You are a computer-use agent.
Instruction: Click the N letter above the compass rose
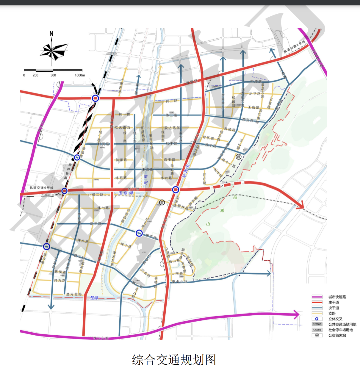[x=51, y=34]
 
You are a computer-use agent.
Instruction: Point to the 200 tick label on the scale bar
[x=35, y=75]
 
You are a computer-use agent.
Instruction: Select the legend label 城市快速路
[x=337, y=297]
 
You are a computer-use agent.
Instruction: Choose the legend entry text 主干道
[x=334, y=302]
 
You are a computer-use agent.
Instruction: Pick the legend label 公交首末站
[x=337, y=335]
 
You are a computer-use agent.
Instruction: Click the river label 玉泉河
[x=126, y=193]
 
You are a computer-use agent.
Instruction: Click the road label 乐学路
[x=254, y=94]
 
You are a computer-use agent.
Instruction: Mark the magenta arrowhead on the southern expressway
[x=296, y=314]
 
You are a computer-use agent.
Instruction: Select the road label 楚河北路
[x=74, y=294]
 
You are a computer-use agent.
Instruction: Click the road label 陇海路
[x=121, y=160]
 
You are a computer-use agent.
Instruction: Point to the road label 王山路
[x=254, y=107]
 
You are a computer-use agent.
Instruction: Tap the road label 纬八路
[x=83, y=241]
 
